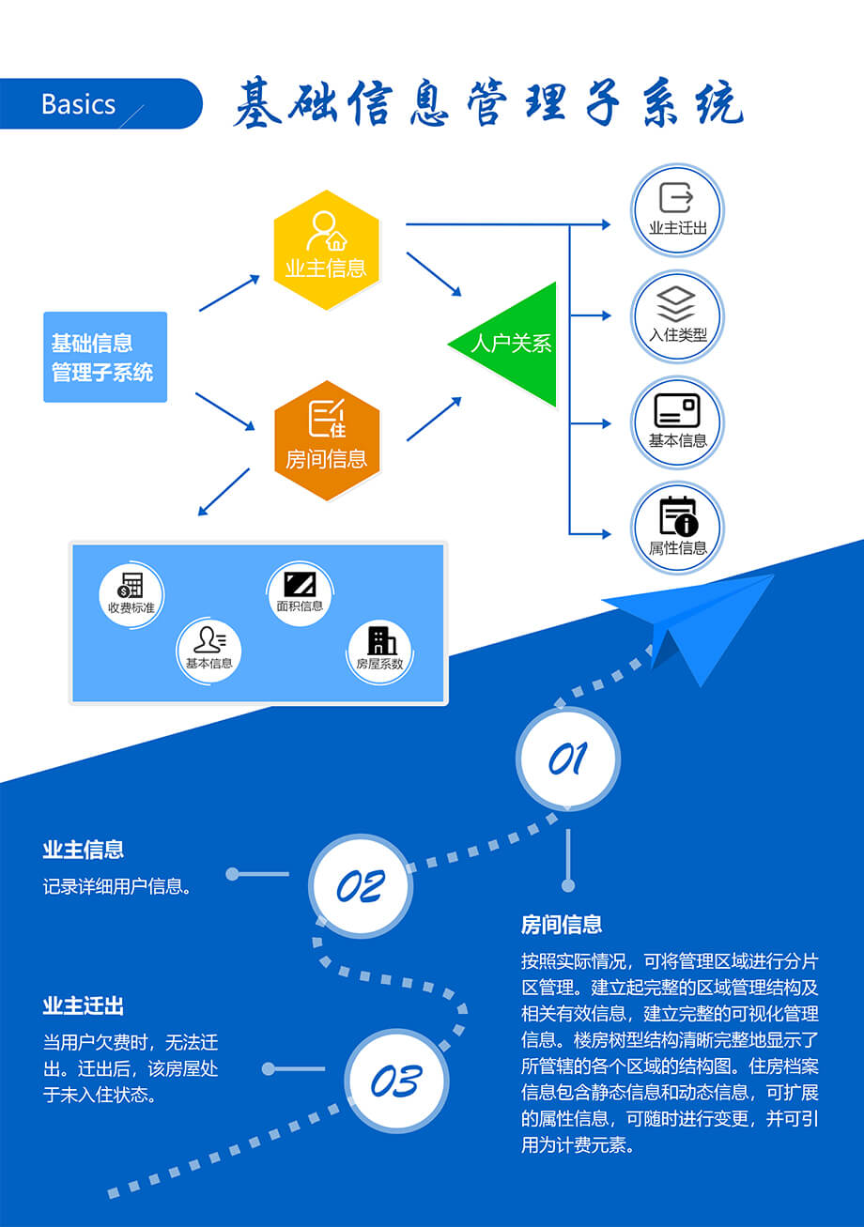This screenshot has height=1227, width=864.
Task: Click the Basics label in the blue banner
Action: click(79, 104)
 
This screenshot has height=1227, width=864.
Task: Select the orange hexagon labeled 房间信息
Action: click(326, 440)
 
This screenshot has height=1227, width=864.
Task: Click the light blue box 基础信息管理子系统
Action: click(104, 357)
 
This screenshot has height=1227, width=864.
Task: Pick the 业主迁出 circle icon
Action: click(676, 209)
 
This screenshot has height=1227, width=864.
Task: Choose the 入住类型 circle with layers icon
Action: click(676, 316)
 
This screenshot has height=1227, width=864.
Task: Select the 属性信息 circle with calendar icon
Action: click(676, 527)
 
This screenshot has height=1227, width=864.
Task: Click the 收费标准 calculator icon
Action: click(131, 593)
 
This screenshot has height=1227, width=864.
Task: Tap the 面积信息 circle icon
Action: click(300, 592)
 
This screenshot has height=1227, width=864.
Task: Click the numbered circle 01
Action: click(567, 759)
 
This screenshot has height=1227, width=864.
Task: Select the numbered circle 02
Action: click(361, 885)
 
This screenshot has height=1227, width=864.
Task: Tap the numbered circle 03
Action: click(395, 1081)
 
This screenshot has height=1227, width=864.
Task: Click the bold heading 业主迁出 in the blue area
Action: click(84, 1005)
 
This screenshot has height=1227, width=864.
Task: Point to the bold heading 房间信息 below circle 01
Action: click(562, 925)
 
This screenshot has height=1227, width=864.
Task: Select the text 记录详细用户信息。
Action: click(117, 886)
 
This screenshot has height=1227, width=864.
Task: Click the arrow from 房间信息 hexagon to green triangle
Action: click(434, 419)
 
